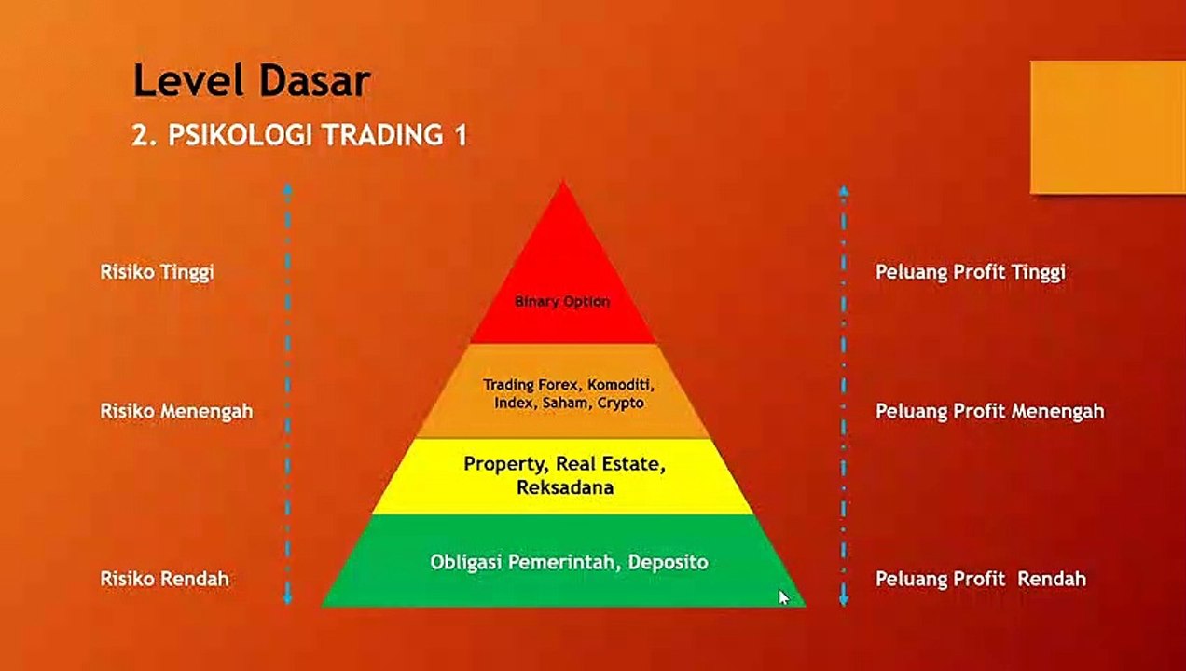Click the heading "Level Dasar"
click(252, 80)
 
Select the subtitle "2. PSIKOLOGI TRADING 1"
click(299, 134)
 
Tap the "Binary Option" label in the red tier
click(562, 302)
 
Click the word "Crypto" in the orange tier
click(621, 404)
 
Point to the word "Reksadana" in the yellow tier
click(565, 486)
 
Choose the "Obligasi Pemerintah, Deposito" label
click(569, 562)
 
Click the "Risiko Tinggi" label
click(158, 272)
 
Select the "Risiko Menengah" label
click(176, 411)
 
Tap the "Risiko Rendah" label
click(165, 579)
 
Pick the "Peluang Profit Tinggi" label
click(971, 272)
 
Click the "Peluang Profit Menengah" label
click(990, 411)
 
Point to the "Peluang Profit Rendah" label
click(981, 579)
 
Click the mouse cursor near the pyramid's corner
click(783, 597)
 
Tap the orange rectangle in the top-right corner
click(1109, 127)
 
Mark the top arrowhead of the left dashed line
click(287, 189)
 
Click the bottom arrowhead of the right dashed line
click(844, 600)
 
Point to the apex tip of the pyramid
click(564, 182)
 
